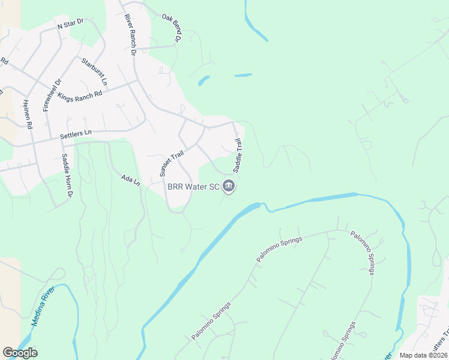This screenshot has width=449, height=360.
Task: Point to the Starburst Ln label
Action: tap(95, 71)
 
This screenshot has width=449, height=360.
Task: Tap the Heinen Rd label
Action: tap(27, 114)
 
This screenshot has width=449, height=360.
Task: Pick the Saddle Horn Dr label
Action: tap(67, 176)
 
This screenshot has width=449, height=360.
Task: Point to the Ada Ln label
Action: tap(130, 180)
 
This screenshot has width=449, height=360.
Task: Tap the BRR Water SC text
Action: tap(193, 187)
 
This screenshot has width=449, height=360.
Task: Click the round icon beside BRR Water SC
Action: tap(229, 187)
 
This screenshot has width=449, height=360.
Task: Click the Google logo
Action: tap(20, 352)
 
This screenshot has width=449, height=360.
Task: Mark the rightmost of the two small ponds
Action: tap(243, 75)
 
